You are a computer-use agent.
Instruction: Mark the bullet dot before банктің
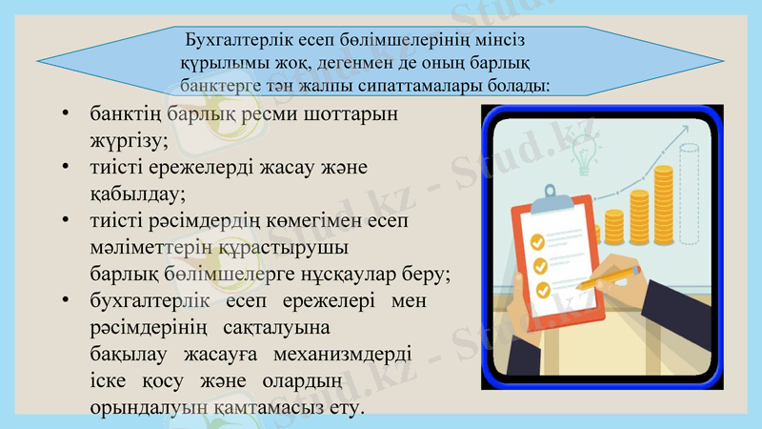pyautogui.click(x=64, y=114)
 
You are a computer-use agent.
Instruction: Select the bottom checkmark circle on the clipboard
pyautogui.click(x=542, y=289)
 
